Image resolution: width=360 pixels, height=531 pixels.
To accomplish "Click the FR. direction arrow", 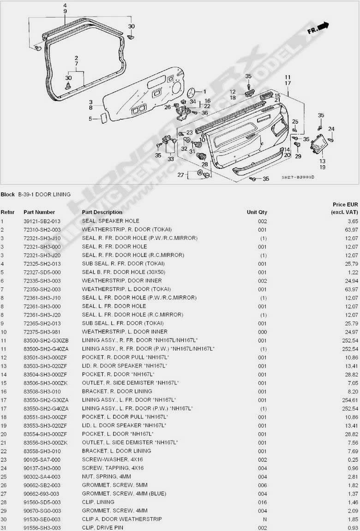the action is pos(318,28).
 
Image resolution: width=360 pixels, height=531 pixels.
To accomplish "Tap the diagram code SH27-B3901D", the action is pos(298,178).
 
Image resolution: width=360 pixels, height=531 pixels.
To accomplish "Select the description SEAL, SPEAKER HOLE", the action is pos(110,221).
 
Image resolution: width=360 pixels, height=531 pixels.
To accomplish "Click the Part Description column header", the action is pos(102,212).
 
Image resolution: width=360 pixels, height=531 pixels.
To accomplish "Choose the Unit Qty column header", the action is pos(257,212).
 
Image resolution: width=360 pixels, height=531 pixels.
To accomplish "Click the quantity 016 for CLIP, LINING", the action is pos(263,502).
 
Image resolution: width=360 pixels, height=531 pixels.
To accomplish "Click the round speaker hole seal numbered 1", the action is pos(192,92).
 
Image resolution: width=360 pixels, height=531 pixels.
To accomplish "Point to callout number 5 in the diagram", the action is pos(90,119).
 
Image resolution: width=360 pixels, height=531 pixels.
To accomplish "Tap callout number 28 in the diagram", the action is pos(204,165).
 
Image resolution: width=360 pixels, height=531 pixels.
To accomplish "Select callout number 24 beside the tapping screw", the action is pos(331,129).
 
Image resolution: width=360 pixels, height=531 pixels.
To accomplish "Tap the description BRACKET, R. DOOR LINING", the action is pos(117,392).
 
